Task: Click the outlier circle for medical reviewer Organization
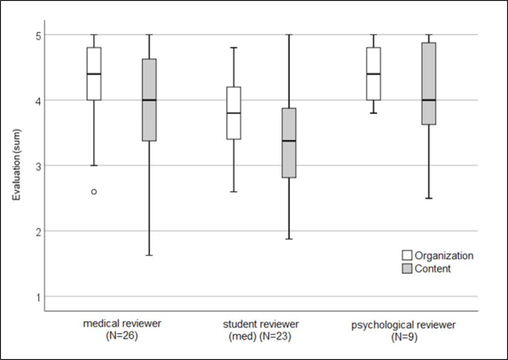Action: click(x=94, y=192)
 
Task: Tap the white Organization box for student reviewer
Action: click(x=233, y=113)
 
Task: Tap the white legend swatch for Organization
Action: click(x=407, y=256)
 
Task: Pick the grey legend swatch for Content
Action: click(x=407, y=268)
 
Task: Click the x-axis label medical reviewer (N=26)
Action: click(x=121, y=329)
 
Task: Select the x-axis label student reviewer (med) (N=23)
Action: click(x=261, y=329)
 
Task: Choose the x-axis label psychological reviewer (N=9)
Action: click(x=400, y=329)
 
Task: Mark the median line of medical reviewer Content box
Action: click(x=149, y=100)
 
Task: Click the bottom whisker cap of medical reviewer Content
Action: click(x=149, y=256)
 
